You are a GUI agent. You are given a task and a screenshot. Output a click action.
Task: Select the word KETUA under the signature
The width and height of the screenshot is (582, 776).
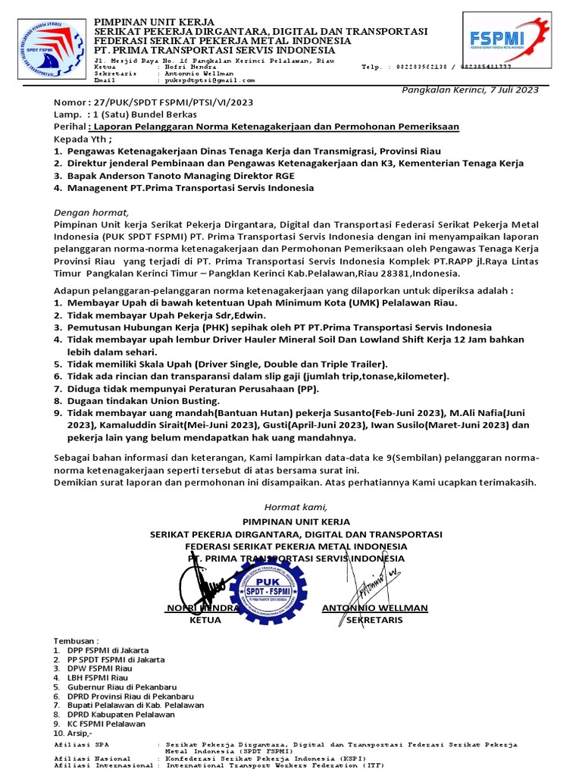click(205, 620)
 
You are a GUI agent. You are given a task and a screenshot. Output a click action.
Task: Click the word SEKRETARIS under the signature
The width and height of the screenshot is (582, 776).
click(374, 620)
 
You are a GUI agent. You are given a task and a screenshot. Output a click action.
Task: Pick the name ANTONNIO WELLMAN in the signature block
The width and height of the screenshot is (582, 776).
click(374, 608)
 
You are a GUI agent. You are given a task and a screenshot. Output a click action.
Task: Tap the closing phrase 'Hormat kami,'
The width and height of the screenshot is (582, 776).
click(296, 507)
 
